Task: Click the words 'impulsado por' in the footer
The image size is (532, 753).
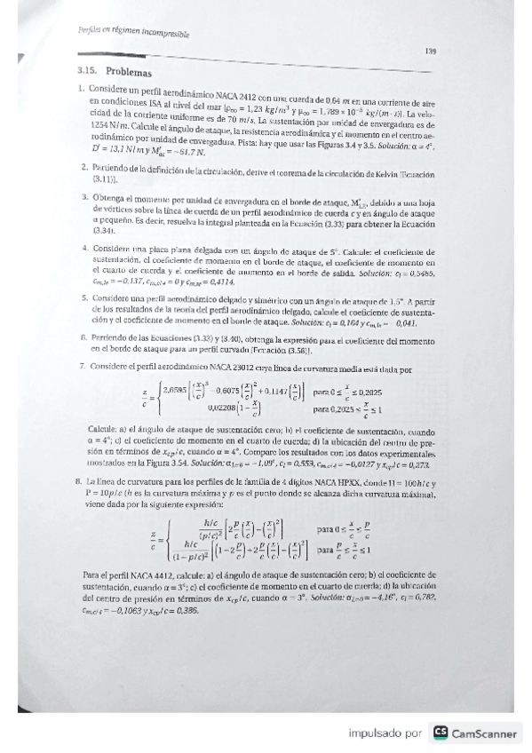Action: pos(385,733)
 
